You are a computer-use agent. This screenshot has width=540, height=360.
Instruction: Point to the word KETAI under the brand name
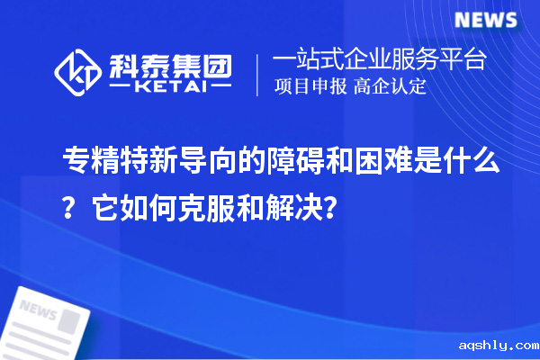point(170,86)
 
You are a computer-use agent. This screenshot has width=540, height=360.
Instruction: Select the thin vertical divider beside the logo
point(259,74)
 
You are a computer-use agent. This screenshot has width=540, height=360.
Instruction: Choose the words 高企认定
point(390,88)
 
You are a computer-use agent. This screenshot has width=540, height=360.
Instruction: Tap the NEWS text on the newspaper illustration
point(37,311)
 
